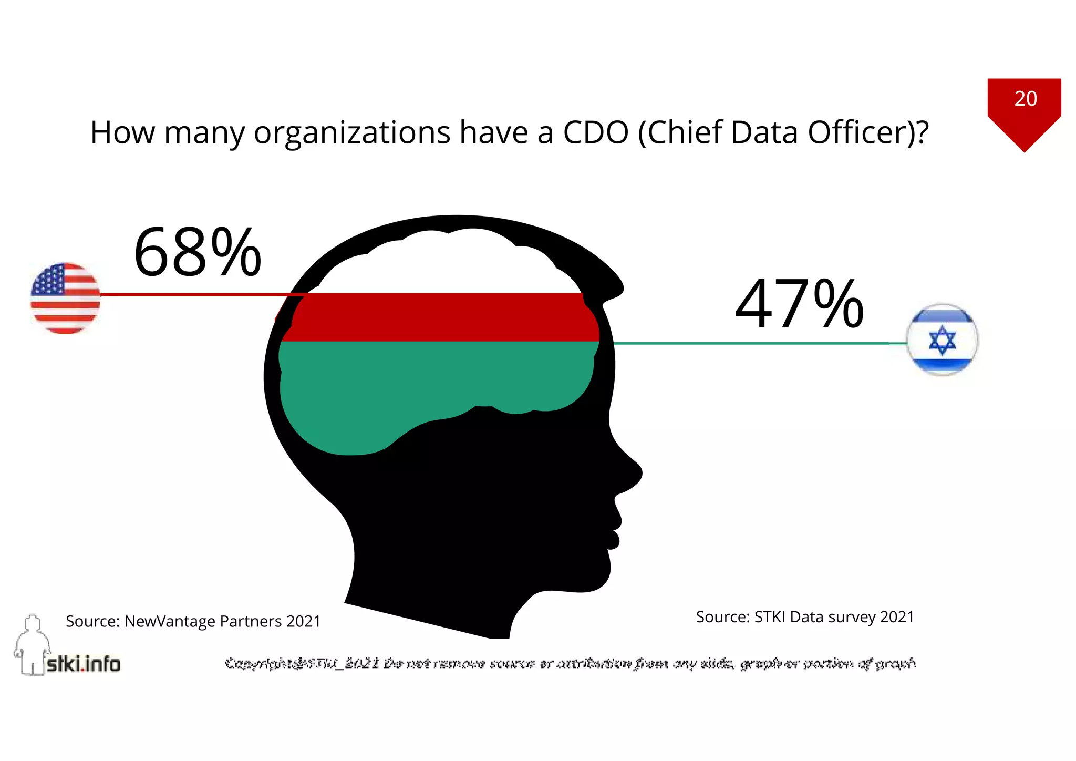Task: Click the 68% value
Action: click(x=197, y=253)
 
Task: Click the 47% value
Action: click(x=799, y=304)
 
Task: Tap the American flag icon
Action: click(x=65, y=298)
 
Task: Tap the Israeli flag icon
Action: click(x=942, y=340)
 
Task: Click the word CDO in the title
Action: click(x=595, y=132)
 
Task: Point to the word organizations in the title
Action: click(x=352, y=132)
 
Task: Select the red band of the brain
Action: click(x=441, y=317)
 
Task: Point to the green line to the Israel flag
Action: click(x=751, y=343)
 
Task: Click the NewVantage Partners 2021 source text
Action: click(x=193, y=621)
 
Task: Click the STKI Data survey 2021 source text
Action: click(x=805, y=616)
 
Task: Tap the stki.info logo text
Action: click(x=83, y=664)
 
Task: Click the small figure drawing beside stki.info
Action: click(x=32, y=644)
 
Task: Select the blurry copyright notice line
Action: click(x=570, y=663)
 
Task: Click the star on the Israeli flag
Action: click(x=942, y=340)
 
